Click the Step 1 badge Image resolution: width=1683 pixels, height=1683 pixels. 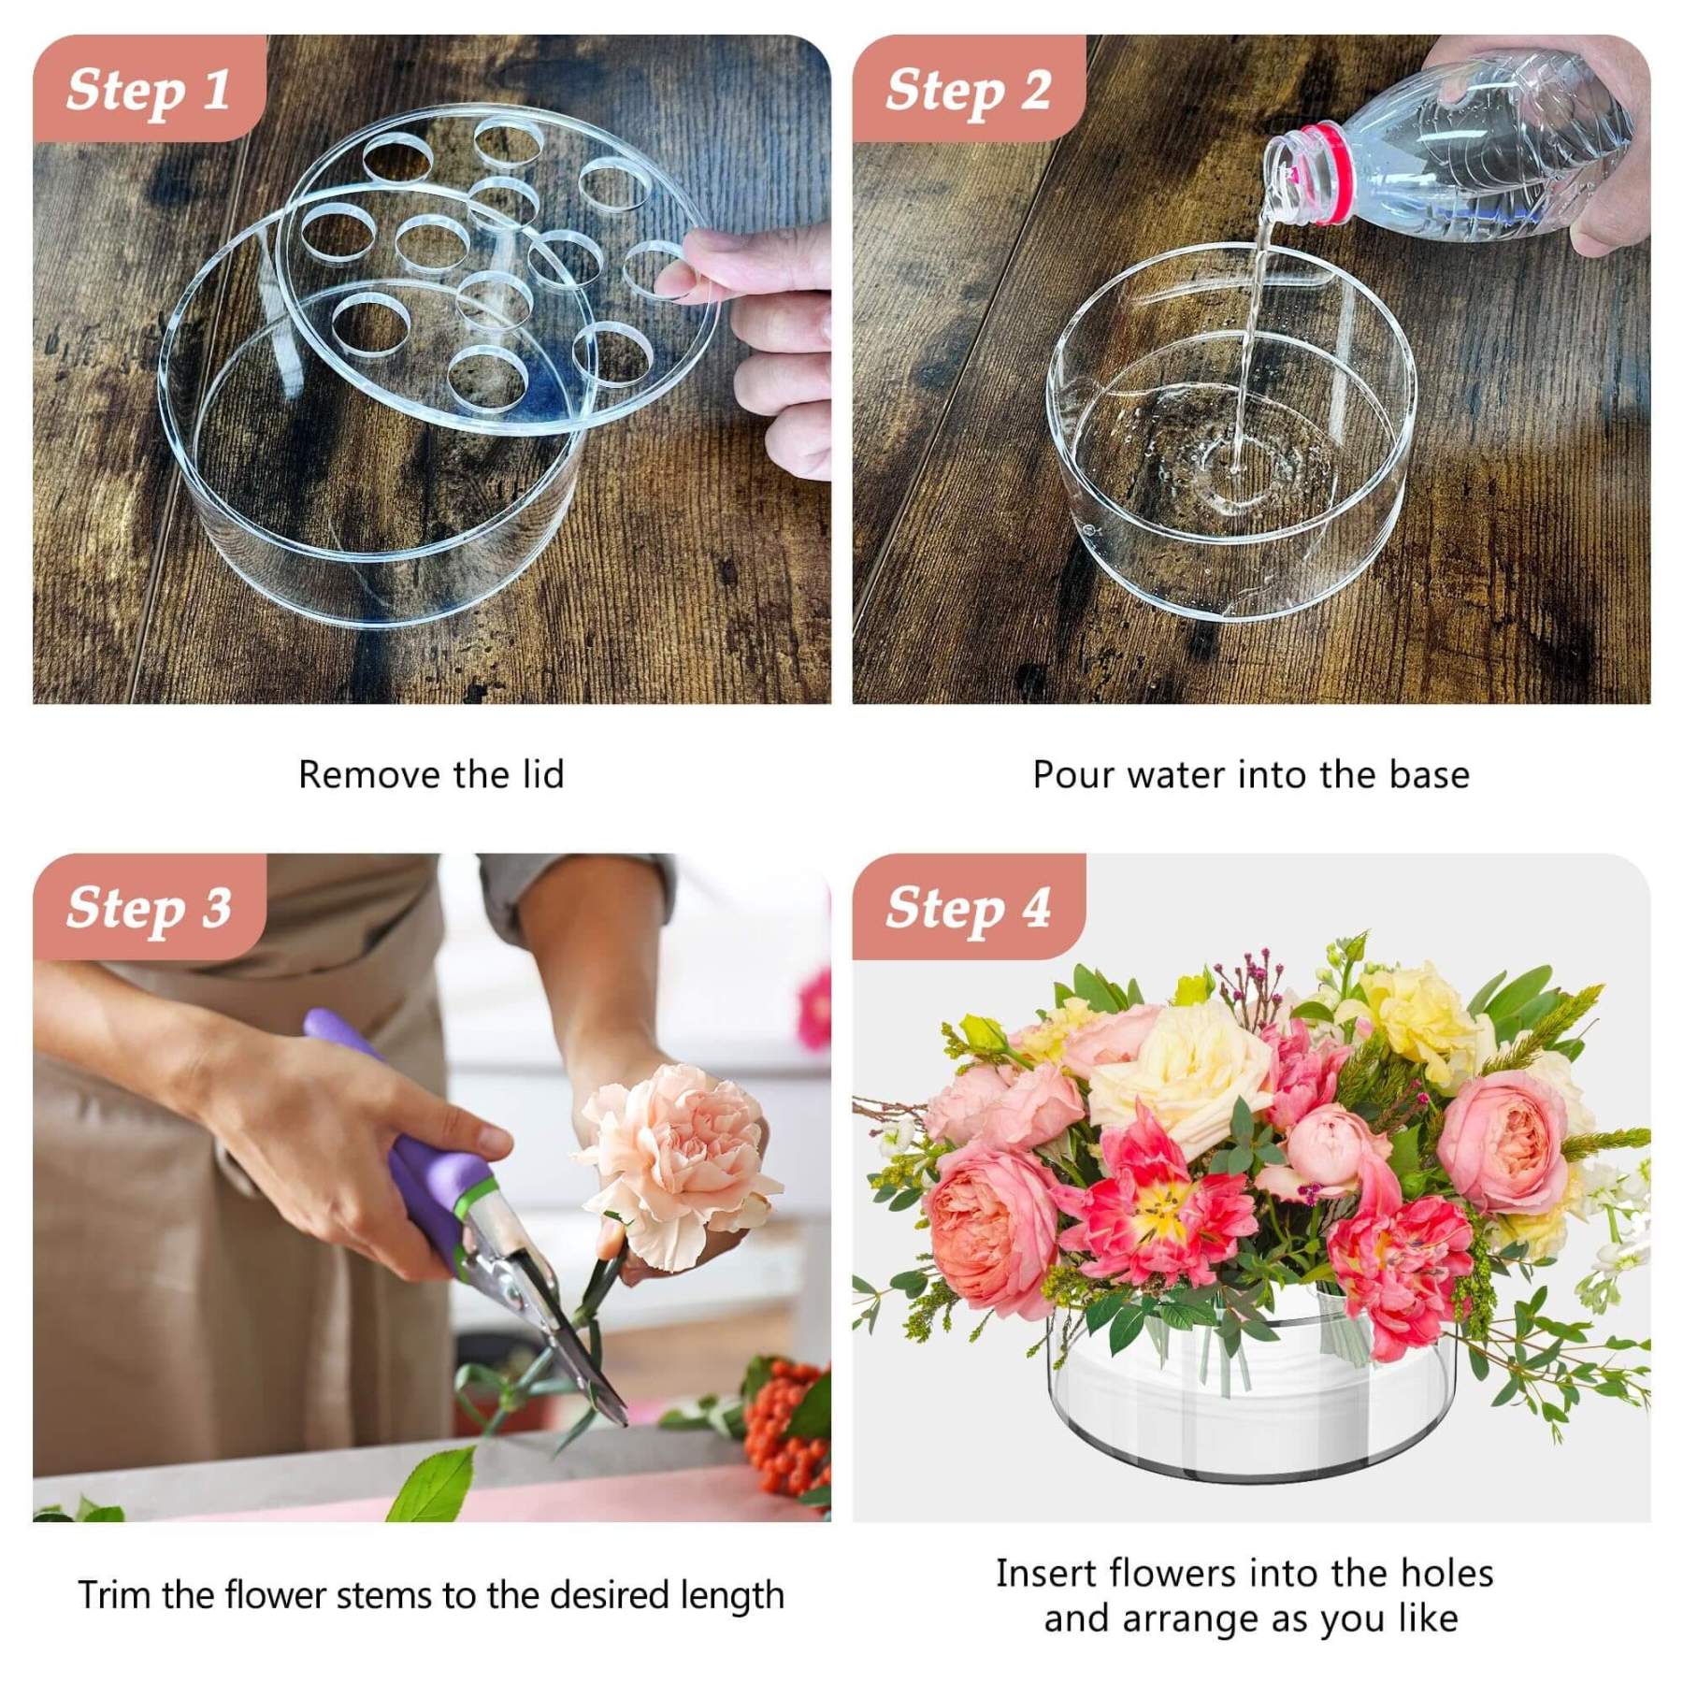pos(149,89)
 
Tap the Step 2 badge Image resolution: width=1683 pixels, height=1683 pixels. pos(969,89)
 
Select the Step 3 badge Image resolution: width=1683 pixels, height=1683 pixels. pos(149,907)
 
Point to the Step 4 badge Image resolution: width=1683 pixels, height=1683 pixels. pos(969,907)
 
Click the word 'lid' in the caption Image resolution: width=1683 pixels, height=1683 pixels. pos(541,774)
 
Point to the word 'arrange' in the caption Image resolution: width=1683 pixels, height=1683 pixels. pos(1192,1620)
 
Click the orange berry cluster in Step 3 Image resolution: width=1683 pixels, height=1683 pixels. pos(785,1426)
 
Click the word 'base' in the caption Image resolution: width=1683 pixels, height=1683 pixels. pos(1429,775)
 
